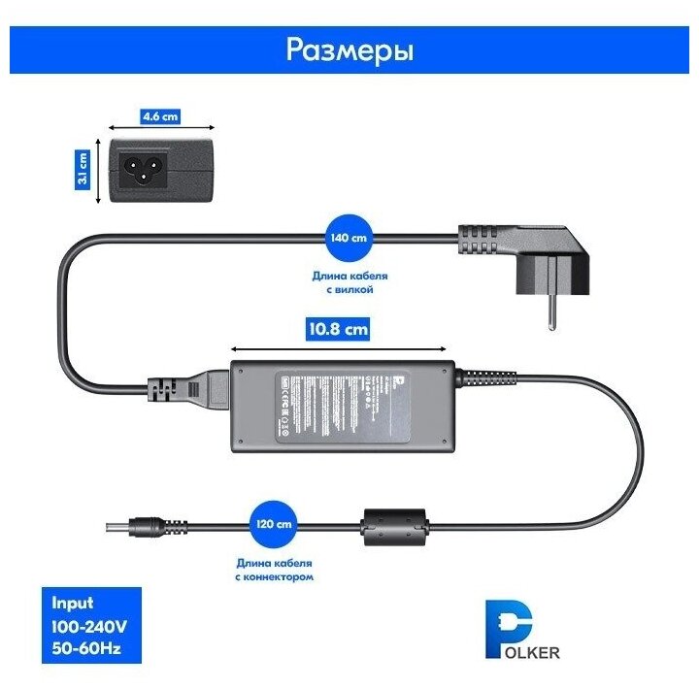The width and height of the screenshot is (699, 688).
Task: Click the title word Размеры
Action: (349, 49)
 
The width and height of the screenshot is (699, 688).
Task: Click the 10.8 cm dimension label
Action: (339, 328)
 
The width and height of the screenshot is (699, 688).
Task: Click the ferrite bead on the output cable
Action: (392, 528)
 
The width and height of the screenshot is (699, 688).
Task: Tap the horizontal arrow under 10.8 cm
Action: (339, 347)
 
